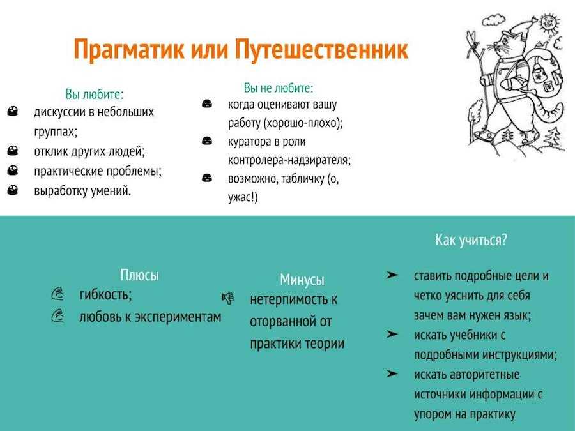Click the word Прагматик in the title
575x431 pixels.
tap(129, 49)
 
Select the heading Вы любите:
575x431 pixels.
tap(95, 95)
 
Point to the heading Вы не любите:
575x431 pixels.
tap(279, 88)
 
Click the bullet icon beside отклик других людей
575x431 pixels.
tap(13, 151)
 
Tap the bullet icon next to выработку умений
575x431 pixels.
tap(13, 190)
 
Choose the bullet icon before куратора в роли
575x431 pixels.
tap(207, 140)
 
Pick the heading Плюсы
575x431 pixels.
tap(140, 275)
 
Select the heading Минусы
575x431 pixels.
tap(302, 280)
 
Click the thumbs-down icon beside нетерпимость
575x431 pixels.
tap(227, 298)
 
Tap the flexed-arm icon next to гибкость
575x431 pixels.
tap(58, 294)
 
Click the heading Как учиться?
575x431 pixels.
tap(471, 240)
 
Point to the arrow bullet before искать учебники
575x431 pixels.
tap(392, 334)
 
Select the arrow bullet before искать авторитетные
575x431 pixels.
tap(392, 374)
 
